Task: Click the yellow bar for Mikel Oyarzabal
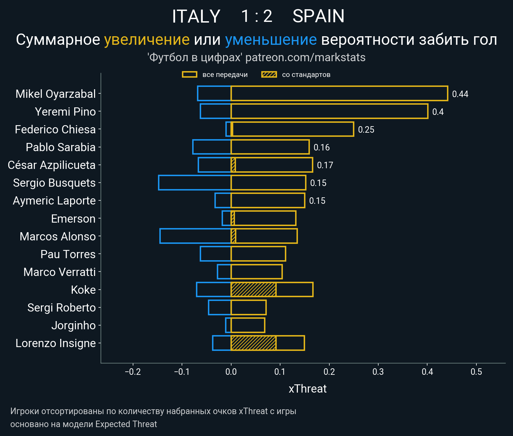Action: pos(339,94)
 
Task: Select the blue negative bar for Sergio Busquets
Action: pos(195,183)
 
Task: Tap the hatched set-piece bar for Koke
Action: pos(253,290)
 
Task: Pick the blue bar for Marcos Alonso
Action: pos(195,236)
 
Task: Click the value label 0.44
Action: pos(460,94)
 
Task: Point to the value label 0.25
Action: pos(366,130)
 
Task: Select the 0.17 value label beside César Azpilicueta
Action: pos(325,166)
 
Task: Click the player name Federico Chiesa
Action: pos(55,130)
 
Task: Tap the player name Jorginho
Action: pos(74,325)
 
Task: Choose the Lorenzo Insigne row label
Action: pos(56,343)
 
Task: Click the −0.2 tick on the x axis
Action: pos(133,372)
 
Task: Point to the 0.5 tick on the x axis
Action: pos(476,372)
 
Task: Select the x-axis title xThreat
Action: pos(307,389)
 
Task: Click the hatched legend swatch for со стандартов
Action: pos(269,75)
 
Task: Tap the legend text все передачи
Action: pos(225,75)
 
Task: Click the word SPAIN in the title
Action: pos(318,16)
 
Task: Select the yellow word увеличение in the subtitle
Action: pos(147,40)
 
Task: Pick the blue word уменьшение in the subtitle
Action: pos(271,40)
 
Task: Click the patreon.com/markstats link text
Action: pos(305,57)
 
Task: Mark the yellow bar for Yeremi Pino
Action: pos(329,111)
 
